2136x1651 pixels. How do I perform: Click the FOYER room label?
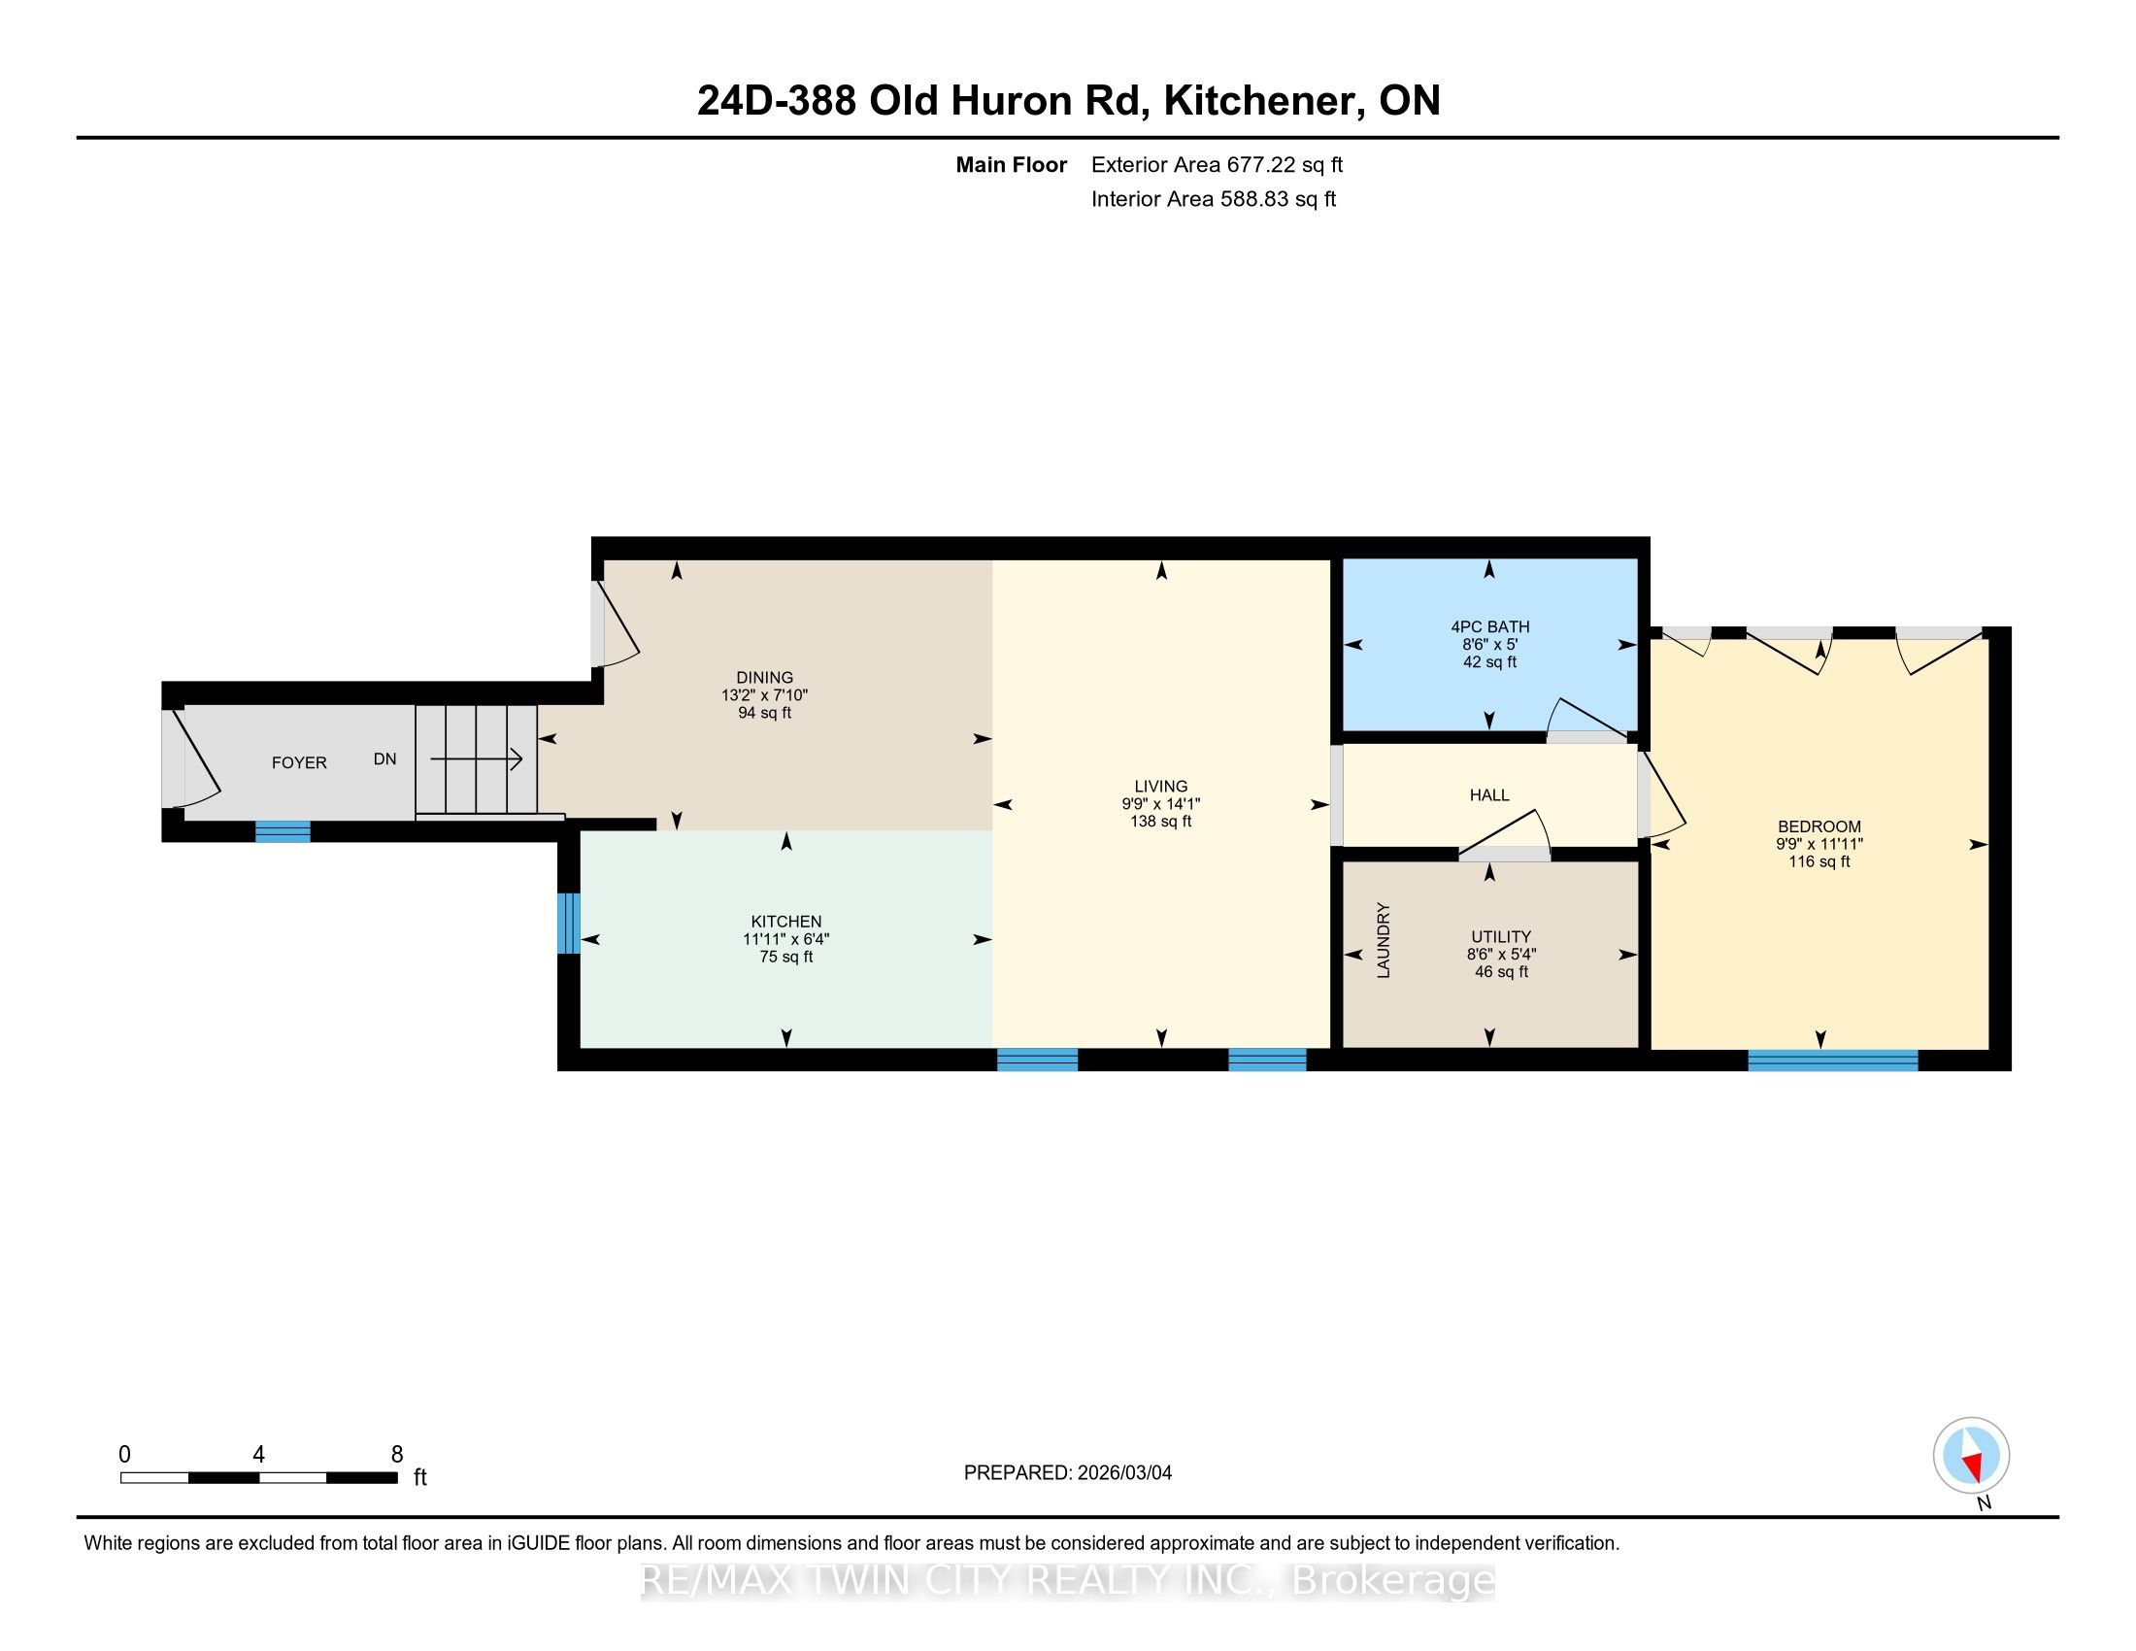(x=299, y=763)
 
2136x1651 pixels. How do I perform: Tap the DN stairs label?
(x=384, y=759)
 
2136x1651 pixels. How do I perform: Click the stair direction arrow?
(x=477, y=758)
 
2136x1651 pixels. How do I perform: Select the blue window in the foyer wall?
(x=283, y=831)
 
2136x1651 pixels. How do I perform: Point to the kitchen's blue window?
(x=568, y=924)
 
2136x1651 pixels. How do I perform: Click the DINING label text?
(x=765, y=678)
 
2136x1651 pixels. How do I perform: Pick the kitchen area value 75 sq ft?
(x=786, y=957)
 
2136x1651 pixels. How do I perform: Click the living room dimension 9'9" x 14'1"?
(x=1161, y=804)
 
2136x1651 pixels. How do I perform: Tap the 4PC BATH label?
(x=1489, y=627)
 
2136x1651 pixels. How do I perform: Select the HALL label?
(x=1489, y=796)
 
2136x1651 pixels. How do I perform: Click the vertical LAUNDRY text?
(x=1383, y=940)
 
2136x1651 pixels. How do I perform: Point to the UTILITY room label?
(x=1500, y=937)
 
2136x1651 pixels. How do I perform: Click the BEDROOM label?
(x=1819, y=826)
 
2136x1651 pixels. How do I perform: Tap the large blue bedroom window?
(x=1833, y=1061)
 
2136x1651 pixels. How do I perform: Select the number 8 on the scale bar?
(x=397, y=1455)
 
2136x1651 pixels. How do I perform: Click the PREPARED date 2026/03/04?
(x=1123, y=1473)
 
